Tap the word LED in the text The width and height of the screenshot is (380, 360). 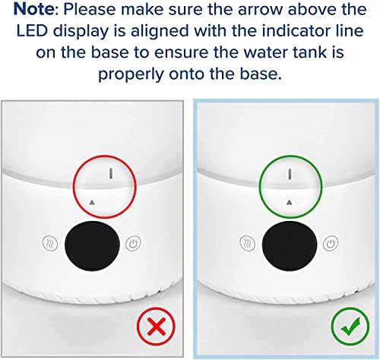[39, 36]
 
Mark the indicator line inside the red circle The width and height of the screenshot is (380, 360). [111, 173]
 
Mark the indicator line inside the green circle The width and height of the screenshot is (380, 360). [290, 174]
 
